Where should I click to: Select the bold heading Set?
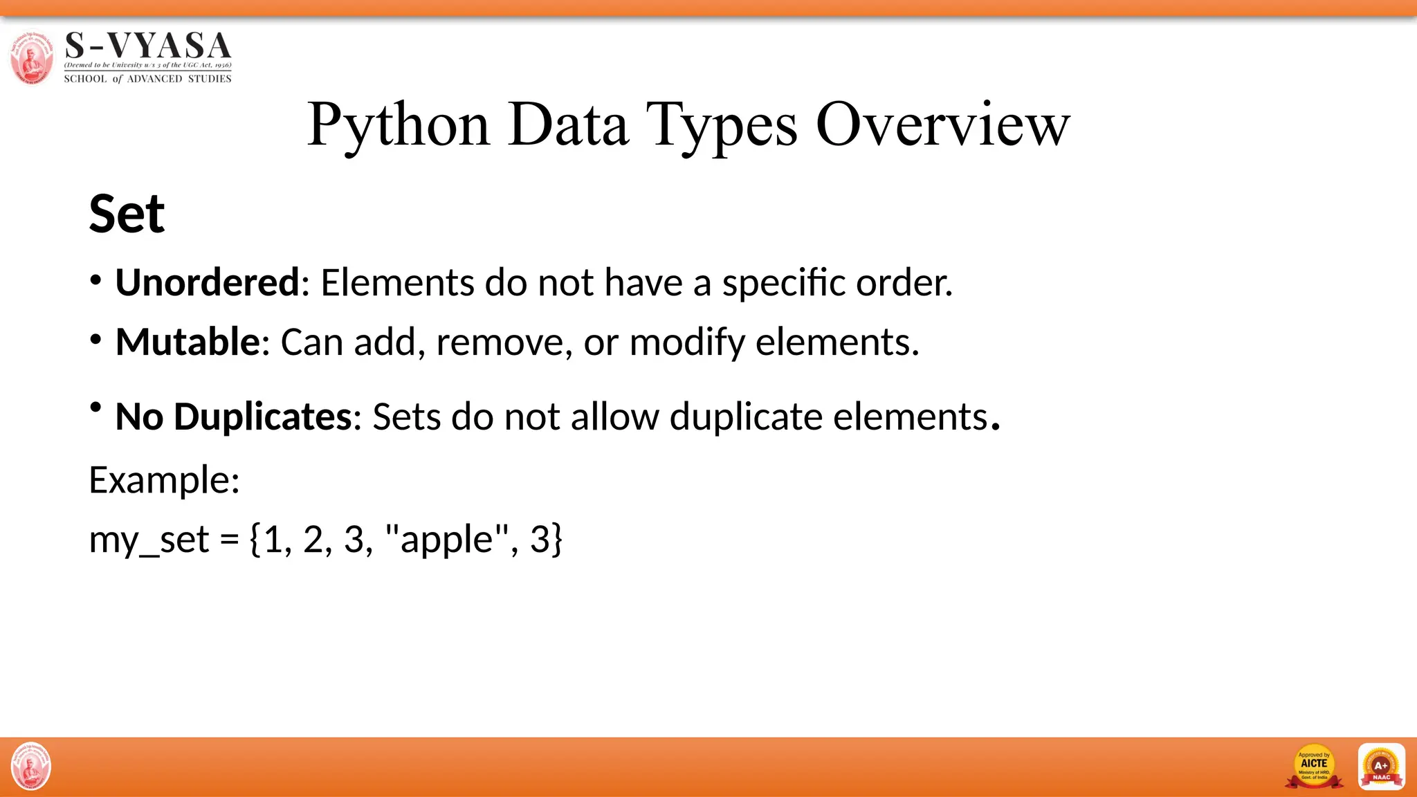click(127, 214)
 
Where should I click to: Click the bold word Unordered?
click(207, 282)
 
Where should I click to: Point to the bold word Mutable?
click(188, 342)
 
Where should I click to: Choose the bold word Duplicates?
click(263, 416)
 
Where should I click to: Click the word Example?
click(164, 479)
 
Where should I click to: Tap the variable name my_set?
click(149, 540)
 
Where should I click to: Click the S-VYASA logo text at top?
click(148, 47)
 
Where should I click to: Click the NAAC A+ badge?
click(1381, 767)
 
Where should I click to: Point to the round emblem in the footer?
click(31, 767)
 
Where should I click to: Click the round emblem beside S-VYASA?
click(32, 58)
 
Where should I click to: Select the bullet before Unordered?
click(96, 281)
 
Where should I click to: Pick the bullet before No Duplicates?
click(96, 407)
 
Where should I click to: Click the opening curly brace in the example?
click(255, 540)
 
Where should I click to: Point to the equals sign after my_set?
click(229, 540)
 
